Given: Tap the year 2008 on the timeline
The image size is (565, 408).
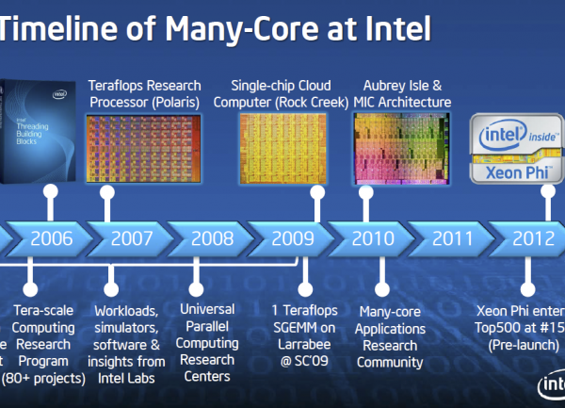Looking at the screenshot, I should (211, 238).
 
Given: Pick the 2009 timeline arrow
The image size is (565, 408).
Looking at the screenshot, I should (292, 238).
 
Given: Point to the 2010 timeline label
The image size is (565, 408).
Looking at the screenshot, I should (373, 238).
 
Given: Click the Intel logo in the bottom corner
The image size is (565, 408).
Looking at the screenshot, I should (551, 387).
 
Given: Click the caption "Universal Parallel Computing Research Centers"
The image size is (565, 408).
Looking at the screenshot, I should (207, 342).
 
